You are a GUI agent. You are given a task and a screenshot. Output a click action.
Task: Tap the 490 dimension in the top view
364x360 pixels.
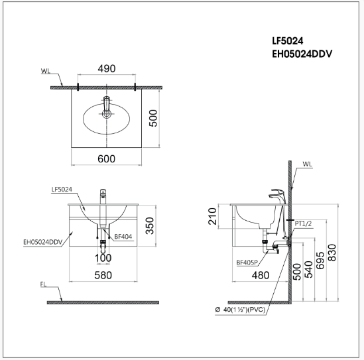click(x=107, y=68)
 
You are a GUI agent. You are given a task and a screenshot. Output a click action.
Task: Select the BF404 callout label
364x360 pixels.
click(x=122, y=235)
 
